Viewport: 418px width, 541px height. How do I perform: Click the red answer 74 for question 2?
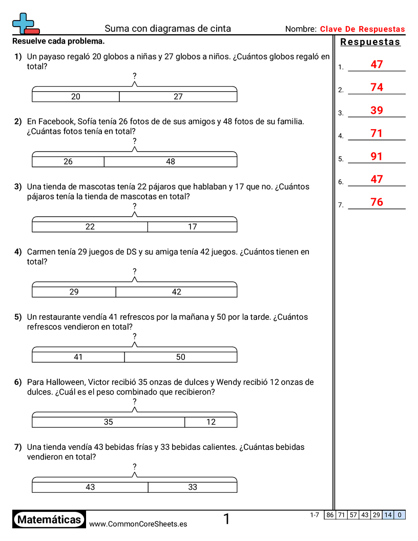pos(377,88)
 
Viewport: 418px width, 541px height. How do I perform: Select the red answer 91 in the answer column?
pos(377,156)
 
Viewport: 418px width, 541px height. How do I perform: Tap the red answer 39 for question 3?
pos(377,111)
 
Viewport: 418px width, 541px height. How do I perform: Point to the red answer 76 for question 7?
pos(377,202)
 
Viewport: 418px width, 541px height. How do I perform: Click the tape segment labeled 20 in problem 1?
pos(76,96)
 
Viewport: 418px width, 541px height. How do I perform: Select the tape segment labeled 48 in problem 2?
pos(171,161)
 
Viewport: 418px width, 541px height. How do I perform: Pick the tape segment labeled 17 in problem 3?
pos(192,226)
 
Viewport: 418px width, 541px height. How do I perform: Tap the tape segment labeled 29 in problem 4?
pos(74,292)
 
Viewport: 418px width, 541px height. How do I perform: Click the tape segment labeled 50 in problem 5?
pos(180,357)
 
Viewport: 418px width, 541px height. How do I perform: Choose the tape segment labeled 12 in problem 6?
pos(211,422)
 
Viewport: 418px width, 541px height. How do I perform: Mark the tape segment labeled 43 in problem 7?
pos(90,487)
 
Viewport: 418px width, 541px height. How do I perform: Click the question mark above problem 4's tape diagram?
pos(134,271)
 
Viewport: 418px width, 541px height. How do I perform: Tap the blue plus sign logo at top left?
pos(24,23)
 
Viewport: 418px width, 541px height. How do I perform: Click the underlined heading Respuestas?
pos(370,42)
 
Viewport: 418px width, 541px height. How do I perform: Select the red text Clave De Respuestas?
pos(362,29)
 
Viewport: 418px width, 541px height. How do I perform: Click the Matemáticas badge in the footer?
pos(49,520)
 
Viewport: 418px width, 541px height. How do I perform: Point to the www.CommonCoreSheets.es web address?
pos(138,524)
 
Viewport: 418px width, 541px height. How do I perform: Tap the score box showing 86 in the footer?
pos(330,515)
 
